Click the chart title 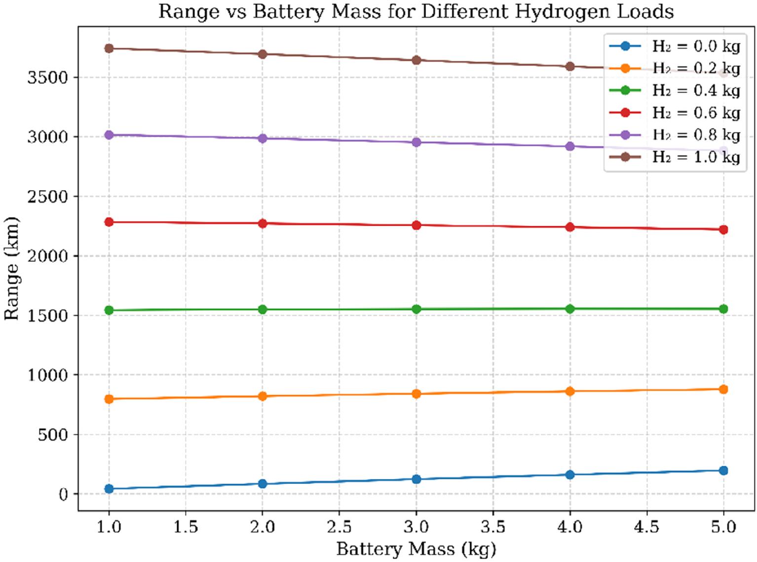point(416,11)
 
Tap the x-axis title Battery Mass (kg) point(416,549)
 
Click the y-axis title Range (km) point(11,268)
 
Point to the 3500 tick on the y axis point(47,78)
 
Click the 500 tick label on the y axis point(53,435)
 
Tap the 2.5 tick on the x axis point(339,527)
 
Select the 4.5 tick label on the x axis point(646,527)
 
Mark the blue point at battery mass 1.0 point(109,489)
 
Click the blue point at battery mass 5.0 point(723,471)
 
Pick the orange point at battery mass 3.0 point(416,394)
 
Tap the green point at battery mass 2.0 point(263,310)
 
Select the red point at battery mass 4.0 point(570,227)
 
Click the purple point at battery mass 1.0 point(109,135)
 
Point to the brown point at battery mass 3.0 point(416,60)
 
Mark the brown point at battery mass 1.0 point(109,48)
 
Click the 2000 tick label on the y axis point(47,256)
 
